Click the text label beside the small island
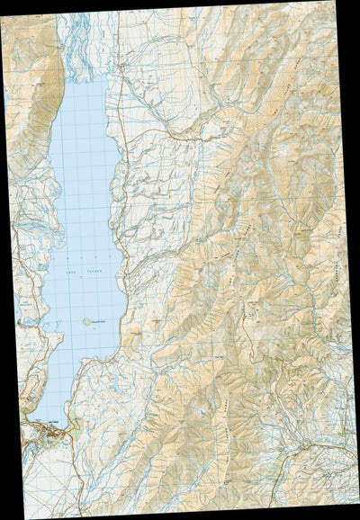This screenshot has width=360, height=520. tap(99, 320)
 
